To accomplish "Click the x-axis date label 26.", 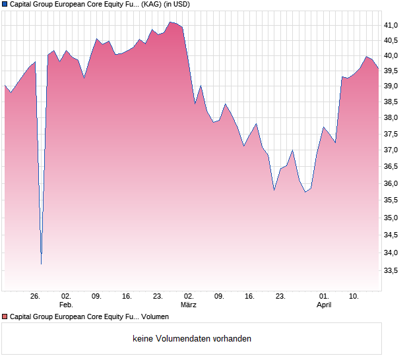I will click(36, 297).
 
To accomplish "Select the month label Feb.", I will click(66, 305).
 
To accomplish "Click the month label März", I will click(189, 305).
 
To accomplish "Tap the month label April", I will click(324, 305).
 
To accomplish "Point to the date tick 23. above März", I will click(158, 297).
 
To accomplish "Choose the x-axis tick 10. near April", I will click(354, 297).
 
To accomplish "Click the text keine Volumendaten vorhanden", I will click(192, 339).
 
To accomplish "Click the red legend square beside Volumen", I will click(5, 317).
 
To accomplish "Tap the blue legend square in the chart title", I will click(5, 4).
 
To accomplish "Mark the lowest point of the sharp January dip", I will click(41, 264).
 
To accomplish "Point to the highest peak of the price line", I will click(170, 22).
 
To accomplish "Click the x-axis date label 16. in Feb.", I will click(127, 297).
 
